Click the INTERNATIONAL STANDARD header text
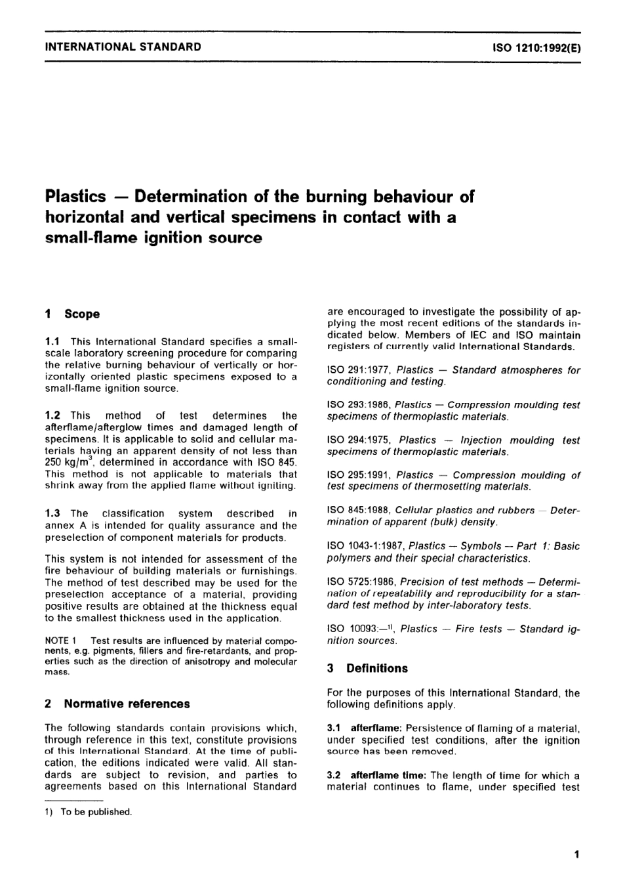123,47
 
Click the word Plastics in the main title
75,196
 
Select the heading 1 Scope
72,314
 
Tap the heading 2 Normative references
117,704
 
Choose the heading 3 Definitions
367,668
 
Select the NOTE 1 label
61,640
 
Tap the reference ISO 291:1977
359,370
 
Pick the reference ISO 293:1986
359,405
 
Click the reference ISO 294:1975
359,440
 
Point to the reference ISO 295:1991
359,475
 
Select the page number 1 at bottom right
576,854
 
